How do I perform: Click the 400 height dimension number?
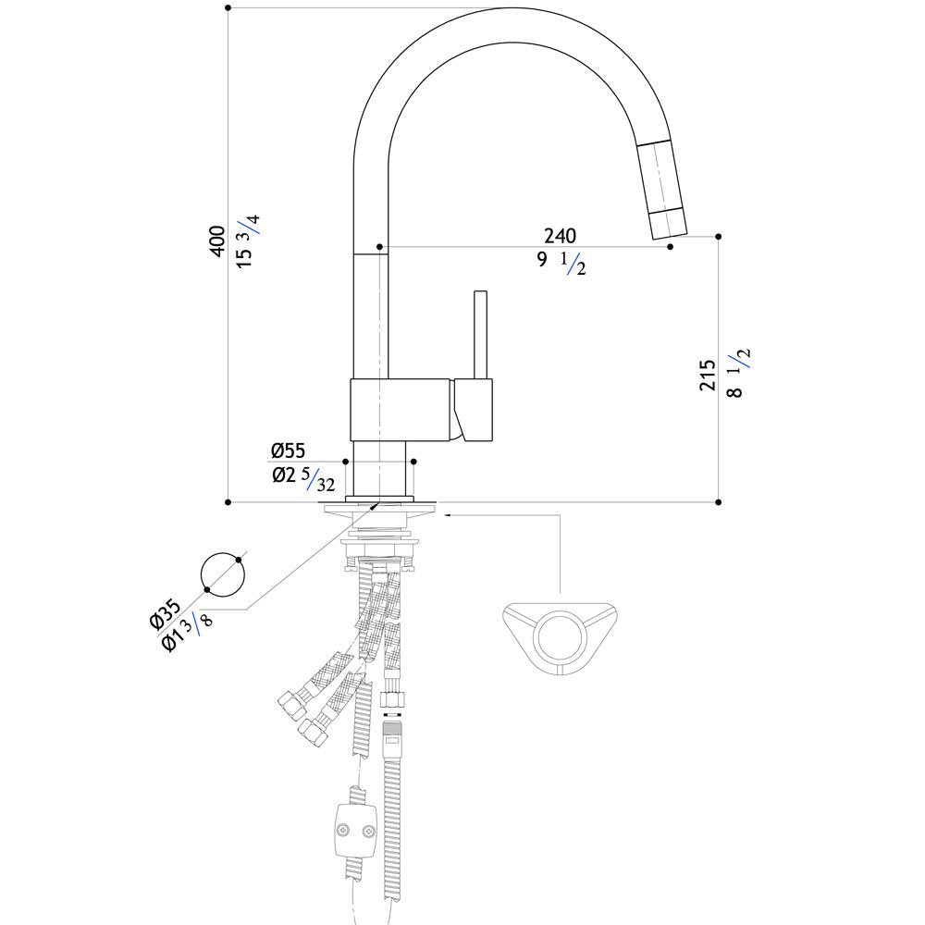pyautogui.click(x=217, y=240)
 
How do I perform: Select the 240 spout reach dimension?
pyautogui.click(x=560, y=236)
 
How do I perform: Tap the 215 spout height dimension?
pyautogui.click(x=708, y=375)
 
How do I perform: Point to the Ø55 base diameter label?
pyautogui.click(x=289, y=450)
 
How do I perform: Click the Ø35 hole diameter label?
pyautogui.click(x=165, y=613)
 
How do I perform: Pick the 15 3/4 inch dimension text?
pyautogui.click(x=248, y=241)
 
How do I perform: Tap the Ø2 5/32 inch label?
pyautogui.click(x=303, y=478)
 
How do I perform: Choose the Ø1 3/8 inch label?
pyautogui.click(x=187, y=633)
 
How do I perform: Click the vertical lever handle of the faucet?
pyautogui.click(x=481, y=335)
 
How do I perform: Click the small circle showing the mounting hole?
pyautogui.click(x=222, y=574)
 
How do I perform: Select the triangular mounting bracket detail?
pyautogui.click(x=560, y=639)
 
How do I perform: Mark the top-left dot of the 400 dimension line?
pyautogui.click(x=228, y=8)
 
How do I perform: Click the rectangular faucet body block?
pyautogui.click(x=401, y=410)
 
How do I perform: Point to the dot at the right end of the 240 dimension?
pyautogui.click(x=670, y=247)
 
